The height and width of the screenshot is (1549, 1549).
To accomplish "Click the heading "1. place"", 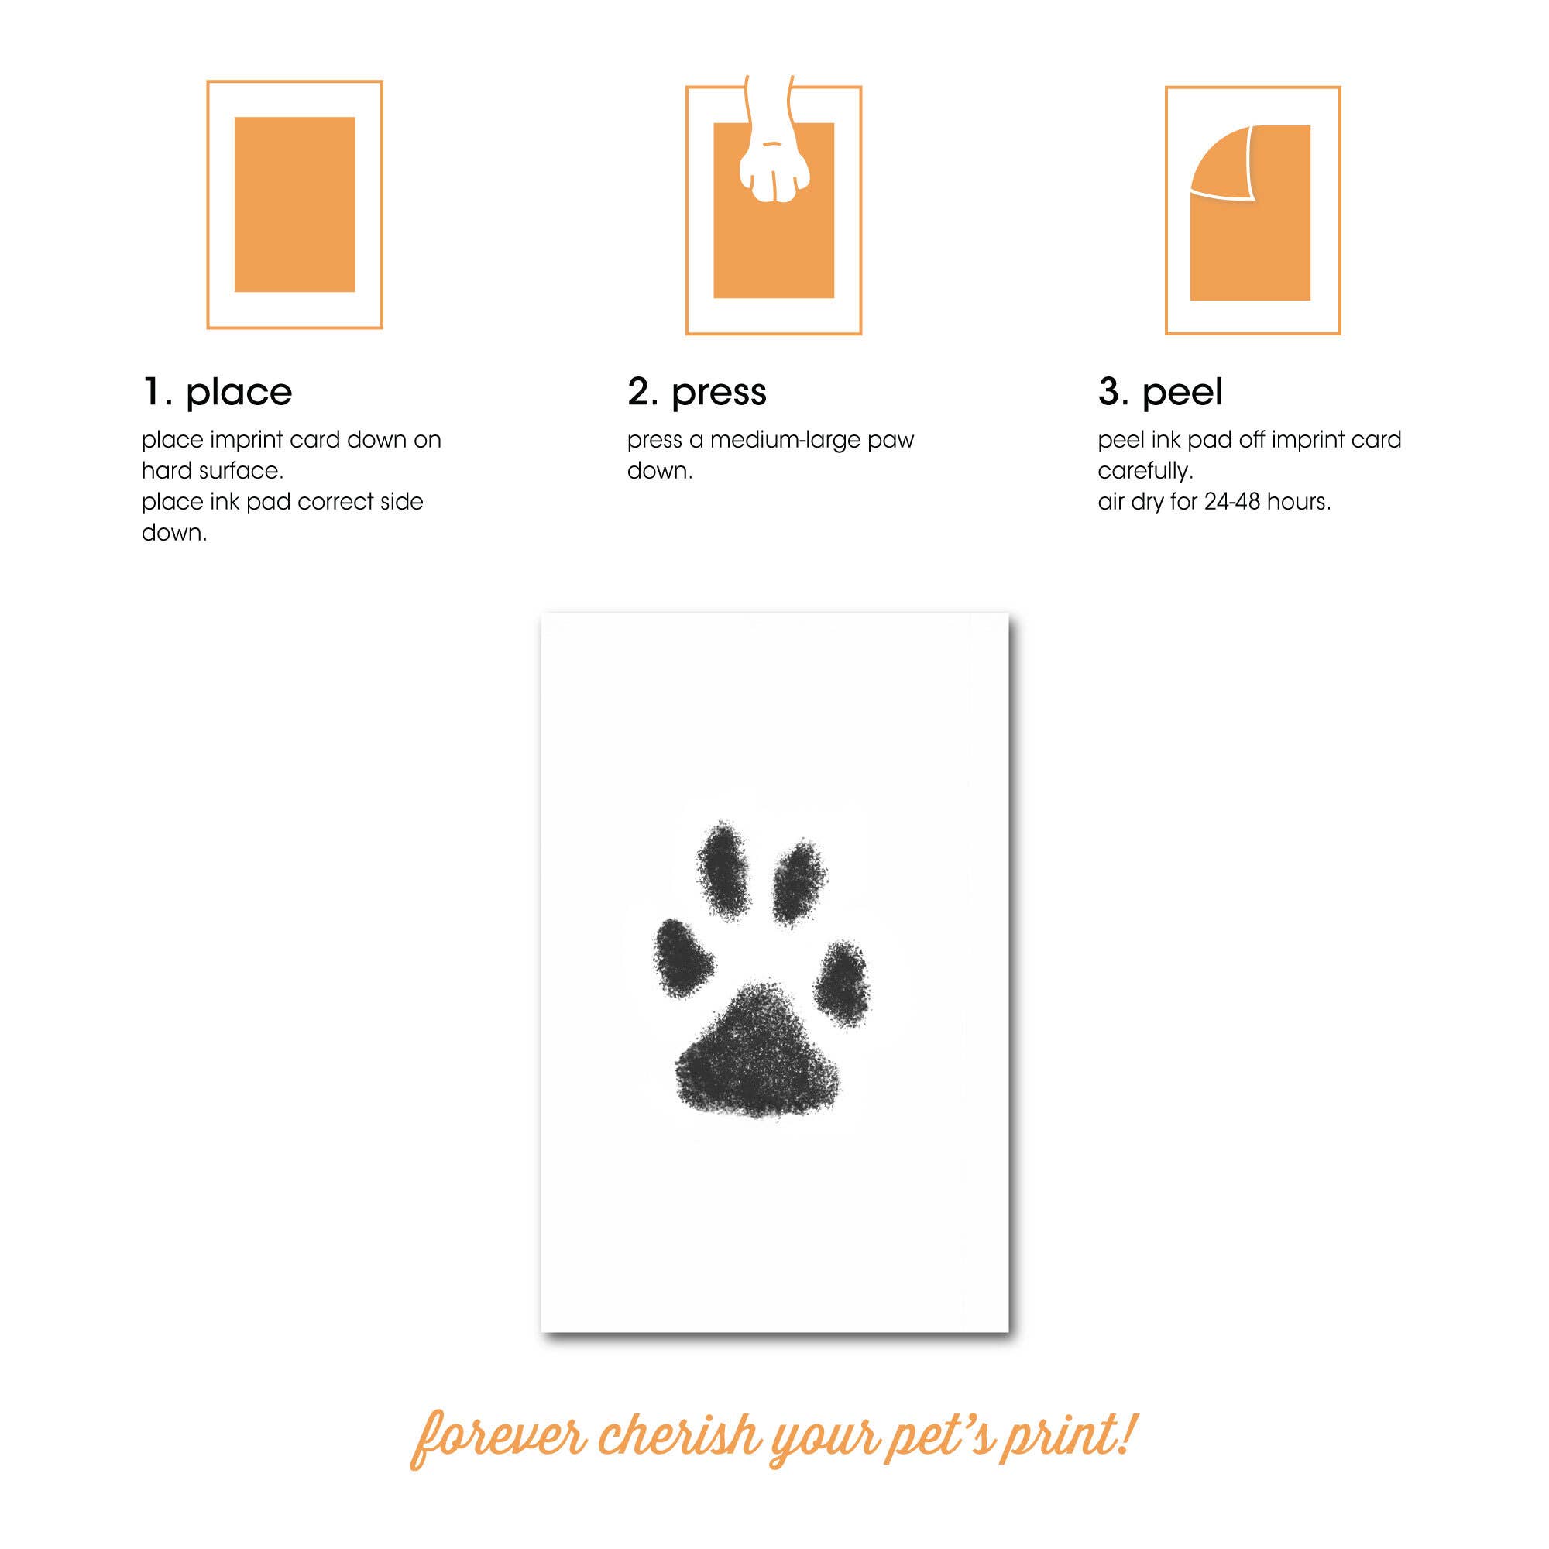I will click(218, 392).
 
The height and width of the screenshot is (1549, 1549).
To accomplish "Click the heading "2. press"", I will click(697, 392).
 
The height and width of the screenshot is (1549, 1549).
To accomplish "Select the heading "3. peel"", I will click(1160, 392).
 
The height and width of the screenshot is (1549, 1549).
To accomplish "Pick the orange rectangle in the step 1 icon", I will click(294, 204).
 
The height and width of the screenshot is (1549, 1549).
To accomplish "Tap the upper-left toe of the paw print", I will click(723, 870).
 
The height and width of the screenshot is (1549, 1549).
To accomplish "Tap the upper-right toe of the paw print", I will click(799, 884).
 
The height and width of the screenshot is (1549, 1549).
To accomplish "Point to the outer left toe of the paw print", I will click(683, 957).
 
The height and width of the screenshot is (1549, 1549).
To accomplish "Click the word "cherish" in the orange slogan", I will click(678, 1437).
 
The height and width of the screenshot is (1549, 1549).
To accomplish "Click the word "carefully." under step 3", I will click(1145, 472).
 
